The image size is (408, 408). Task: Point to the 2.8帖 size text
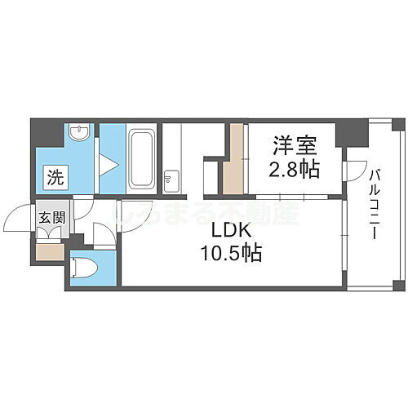[294, 171]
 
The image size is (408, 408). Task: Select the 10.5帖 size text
[232, 253]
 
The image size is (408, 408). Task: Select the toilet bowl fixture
[84, 268]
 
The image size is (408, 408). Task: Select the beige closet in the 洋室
[234, 159]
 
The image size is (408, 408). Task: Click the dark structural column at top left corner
[46, 131]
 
